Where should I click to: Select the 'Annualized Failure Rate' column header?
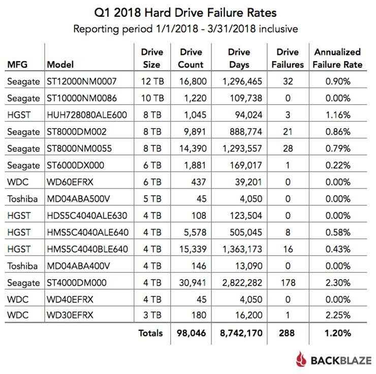337,58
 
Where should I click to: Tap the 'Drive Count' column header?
191,58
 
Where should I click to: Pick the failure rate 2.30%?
337,283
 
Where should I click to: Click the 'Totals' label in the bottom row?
150,333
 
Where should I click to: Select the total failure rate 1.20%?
337,333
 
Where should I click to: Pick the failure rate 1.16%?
337,115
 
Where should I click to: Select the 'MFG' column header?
18,65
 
